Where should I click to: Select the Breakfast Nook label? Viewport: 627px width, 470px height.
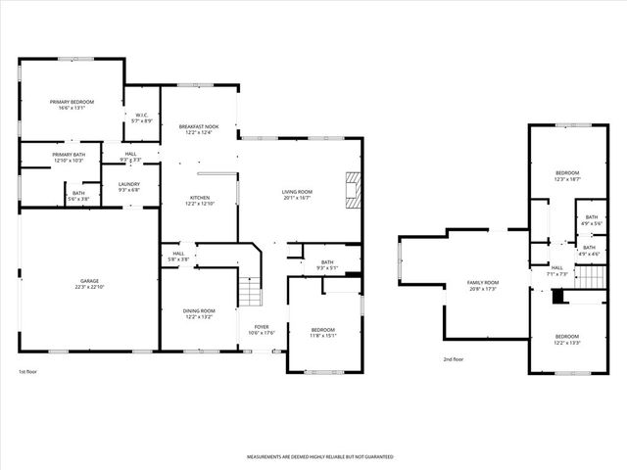coord(199,126)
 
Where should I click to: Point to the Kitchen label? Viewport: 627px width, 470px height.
coord(199,198)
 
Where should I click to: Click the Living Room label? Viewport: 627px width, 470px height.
coord(297,192)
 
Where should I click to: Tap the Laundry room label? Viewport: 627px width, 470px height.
coord(129,184)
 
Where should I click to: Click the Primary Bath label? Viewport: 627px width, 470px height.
coord(69,155)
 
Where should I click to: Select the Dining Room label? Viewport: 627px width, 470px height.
coord(198,311)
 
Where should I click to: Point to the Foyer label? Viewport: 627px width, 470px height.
coord(262,327)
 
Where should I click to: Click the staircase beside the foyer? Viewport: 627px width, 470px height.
coord(253,291)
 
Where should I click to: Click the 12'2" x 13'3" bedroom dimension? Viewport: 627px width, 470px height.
coord(567,343)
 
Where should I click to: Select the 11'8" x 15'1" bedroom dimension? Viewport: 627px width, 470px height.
coord(323,336)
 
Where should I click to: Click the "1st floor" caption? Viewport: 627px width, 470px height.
coord(29,372)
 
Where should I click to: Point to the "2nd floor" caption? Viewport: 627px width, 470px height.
coord(453,359)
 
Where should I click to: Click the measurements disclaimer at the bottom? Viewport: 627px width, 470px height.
coord(319,457)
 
